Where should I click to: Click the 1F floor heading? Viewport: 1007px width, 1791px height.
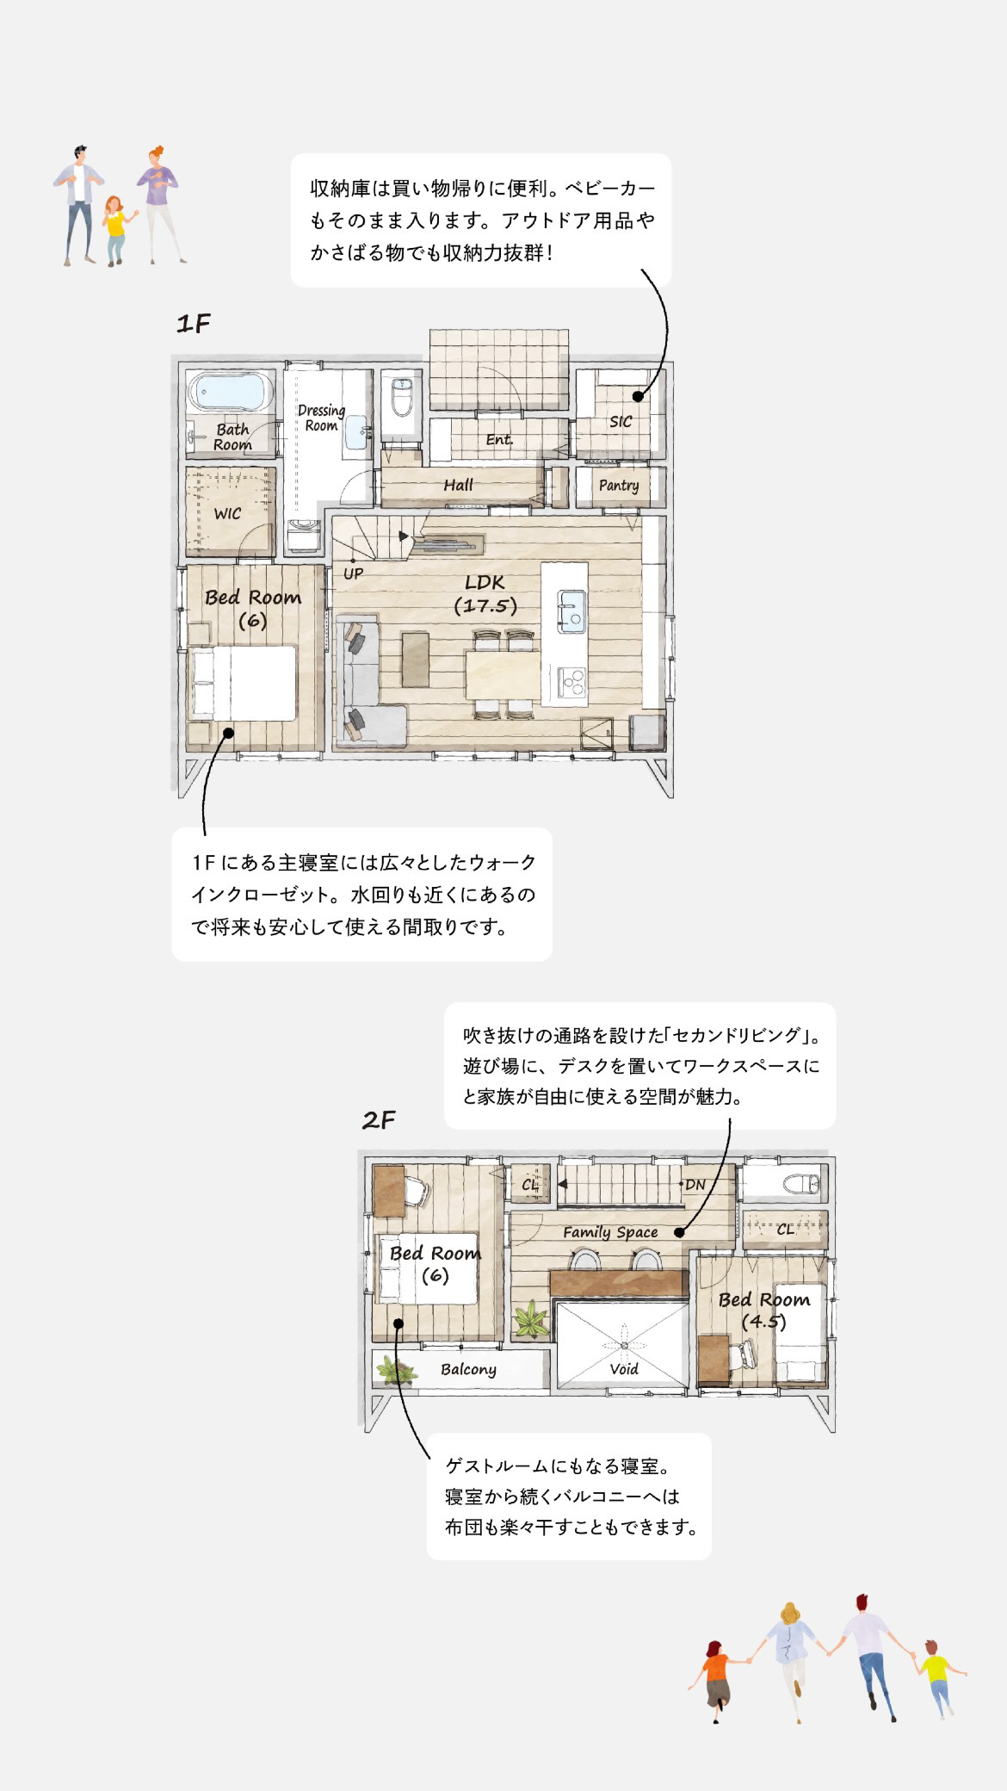(x=193, y=324)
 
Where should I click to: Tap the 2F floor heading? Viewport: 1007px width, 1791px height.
(x=379, y=1120)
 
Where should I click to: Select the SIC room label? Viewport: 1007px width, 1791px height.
(x=621, y=421)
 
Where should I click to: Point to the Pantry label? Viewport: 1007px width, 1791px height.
(x=619, y=486)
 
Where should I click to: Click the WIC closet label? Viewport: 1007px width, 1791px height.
(x=227, y=514)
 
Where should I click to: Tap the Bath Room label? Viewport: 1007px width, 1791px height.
(x=232, y=437)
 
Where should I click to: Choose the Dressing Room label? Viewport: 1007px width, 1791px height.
(x=321, y=418)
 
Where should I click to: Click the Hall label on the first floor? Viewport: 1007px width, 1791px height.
(x=459, y=485)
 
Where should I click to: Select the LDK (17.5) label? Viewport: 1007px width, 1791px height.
(x=485, y=594)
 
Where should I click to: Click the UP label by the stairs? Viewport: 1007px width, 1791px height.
(x=353, y=573)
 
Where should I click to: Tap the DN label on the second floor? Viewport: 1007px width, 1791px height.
(x=695, y=1185)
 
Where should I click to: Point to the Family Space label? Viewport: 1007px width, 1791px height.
(x=610, y=1232)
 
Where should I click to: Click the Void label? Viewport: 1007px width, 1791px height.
(x=624, y=1369)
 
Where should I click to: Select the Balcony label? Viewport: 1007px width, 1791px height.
(x=468, y=1369)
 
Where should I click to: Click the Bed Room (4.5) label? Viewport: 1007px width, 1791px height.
(x=764, y=1310)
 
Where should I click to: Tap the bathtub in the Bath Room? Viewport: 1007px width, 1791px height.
(x=232, y=393)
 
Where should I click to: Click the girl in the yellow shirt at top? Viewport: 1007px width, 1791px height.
(x=115, y=231)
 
